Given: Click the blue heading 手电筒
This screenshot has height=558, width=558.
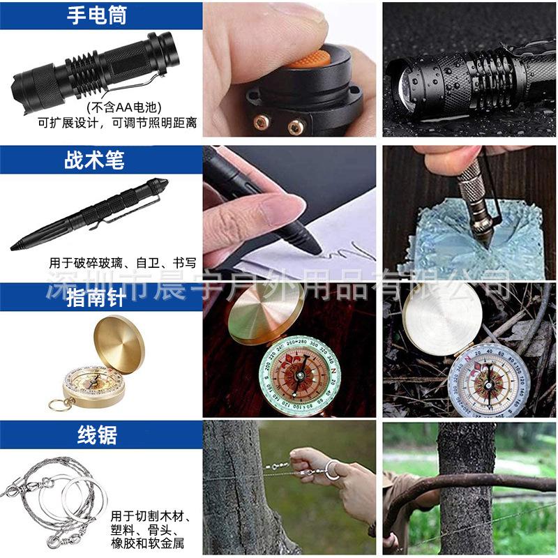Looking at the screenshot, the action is [97, 15].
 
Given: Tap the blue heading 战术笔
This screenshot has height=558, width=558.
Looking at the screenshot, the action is [94, 160].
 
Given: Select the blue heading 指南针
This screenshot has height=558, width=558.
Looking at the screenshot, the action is [96, 298].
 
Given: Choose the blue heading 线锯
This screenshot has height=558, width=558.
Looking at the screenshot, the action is [97, 435].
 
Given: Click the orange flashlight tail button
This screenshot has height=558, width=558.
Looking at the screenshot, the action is [309, 59].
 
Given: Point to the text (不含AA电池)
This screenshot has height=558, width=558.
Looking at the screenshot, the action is [124, 107].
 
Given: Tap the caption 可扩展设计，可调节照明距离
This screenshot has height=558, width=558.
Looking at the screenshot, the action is [117, 123].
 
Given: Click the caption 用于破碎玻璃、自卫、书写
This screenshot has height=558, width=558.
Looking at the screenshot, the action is [123, 263].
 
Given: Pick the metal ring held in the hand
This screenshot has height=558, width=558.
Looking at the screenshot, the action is [334, 470].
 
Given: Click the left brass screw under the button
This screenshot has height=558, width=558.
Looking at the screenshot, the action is [262, 122].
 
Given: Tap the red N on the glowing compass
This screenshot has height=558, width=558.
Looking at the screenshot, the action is [333, 371].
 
